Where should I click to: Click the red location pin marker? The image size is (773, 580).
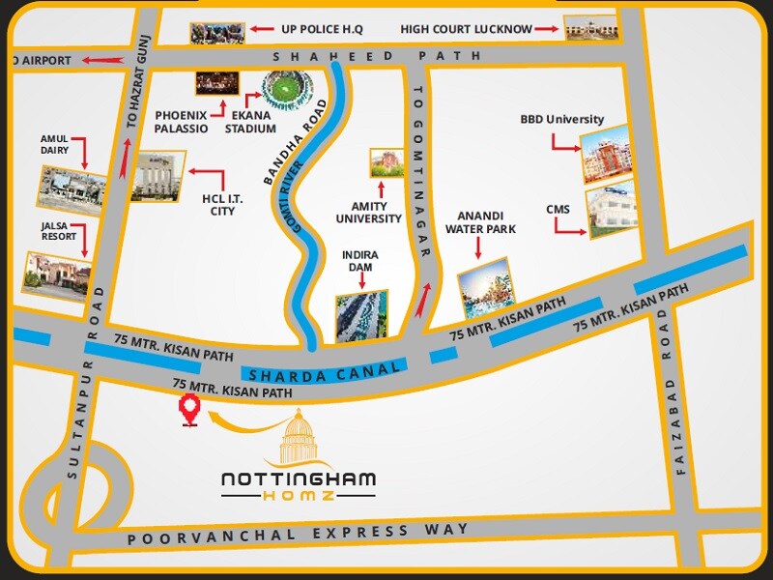(190, 411)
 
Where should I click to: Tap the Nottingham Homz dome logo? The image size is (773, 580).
(298, 440)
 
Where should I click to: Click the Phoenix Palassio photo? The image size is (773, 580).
(216, 83)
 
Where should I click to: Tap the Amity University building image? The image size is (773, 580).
(386, 163)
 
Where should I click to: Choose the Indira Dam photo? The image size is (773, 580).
(362, 316)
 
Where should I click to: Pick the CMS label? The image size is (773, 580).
(558, 210)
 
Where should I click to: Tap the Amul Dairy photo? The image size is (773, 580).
(72, 187)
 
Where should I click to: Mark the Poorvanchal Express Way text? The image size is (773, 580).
(298, 533)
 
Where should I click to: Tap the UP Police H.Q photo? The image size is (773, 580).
(217, 32)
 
